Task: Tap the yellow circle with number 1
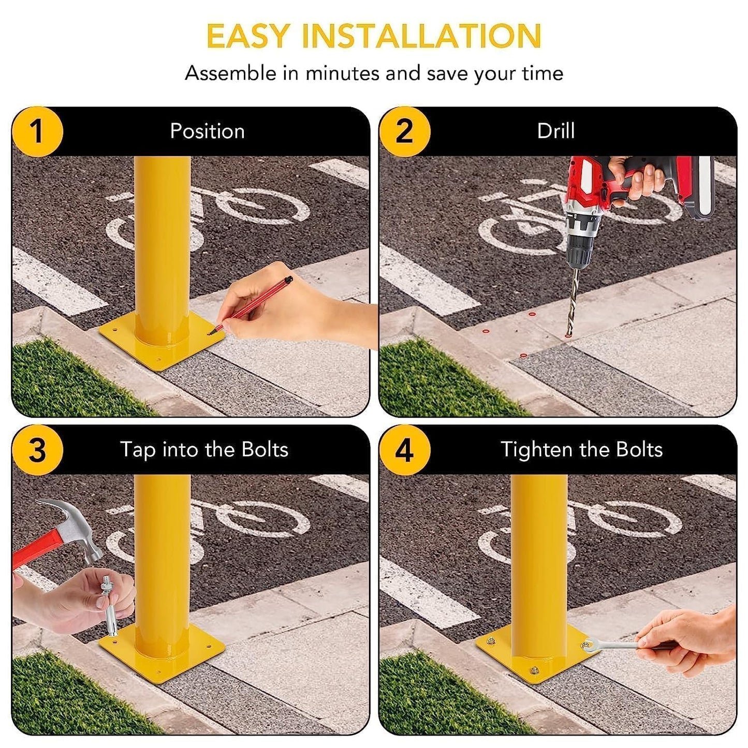[37, 131]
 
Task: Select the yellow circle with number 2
[404, 131]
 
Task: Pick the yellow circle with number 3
[37, 450]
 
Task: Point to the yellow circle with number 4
[404, 450]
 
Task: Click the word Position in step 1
[207, 131]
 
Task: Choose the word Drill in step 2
[555, 131]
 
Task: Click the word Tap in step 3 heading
[137, 450]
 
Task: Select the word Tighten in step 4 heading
[536, 449]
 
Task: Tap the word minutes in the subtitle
[342, 74]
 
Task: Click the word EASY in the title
[247, 36]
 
